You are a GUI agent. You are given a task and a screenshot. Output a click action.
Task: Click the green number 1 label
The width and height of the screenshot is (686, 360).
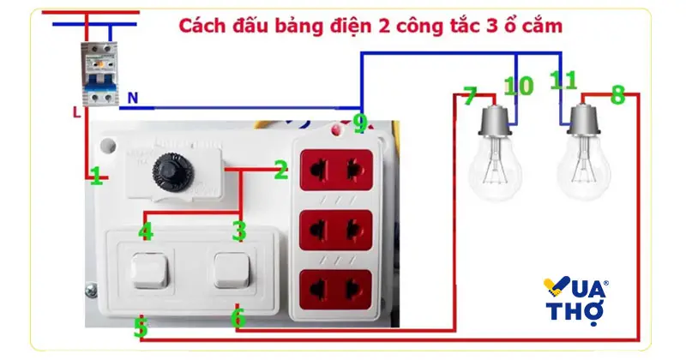(97, 177)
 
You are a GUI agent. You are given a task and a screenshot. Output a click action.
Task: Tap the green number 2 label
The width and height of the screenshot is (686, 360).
(280, 171)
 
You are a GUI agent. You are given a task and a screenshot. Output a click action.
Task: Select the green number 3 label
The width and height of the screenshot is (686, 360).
(239, 231)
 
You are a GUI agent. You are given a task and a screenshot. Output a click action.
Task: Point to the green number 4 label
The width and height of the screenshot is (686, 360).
(146, 231)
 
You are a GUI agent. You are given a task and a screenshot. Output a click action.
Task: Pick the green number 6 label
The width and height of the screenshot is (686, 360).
(238, 318)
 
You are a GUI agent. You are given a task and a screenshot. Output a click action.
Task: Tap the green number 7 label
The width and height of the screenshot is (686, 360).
(469, 98)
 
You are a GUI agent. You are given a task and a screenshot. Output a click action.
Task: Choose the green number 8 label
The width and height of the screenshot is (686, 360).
(617, 95)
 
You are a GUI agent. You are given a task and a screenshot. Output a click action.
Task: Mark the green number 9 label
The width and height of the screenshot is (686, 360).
(359, 123)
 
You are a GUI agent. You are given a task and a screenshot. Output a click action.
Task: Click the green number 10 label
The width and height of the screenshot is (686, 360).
(517, 86)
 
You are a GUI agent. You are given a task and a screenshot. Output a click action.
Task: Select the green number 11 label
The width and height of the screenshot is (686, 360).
(563, 81)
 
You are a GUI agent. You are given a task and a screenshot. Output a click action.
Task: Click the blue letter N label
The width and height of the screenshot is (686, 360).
(133, 99)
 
